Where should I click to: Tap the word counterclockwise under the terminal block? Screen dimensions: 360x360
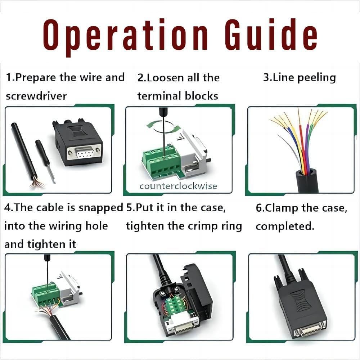[179, 186]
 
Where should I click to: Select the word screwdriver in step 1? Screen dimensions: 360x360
[36, 96]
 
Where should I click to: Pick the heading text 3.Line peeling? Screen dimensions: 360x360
[299, 78]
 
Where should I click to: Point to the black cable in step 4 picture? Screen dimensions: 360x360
[59, 328]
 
